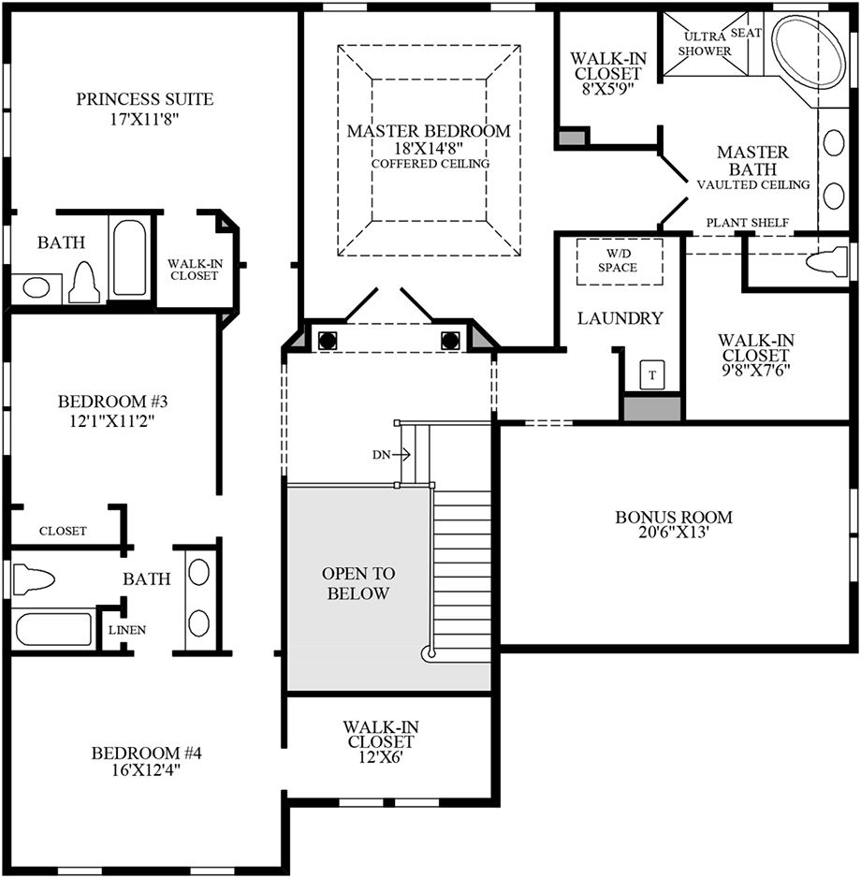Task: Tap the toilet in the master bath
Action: coord(827,261)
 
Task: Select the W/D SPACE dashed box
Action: coord(620,261)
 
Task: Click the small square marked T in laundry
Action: coord(652,374)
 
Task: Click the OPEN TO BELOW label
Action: coord(358,583)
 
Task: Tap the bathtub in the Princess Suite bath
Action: coord(130,257)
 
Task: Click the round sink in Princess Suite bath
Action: coord(36,288)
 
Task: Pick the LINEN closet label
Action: coord(127,630)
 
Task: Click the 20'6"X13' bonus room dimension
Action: coord(674,532)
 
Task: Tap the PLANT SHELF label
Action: coord(748,222)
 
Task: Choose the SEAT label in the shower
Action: coord(746,33)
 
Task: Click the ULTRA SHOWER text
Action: coord(705,44)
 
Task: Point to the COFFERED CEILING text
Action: coord(430,164)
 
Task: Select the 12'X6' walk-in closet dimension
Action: coord(381,757)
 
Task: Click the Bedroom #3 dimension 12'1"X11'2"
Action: coord(112,420)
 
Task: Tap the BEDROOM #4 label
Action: coord(146,753)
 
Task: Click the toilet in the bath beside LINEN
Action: coord(34,579)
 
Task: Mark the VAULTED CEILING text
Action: coord(753,184)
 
